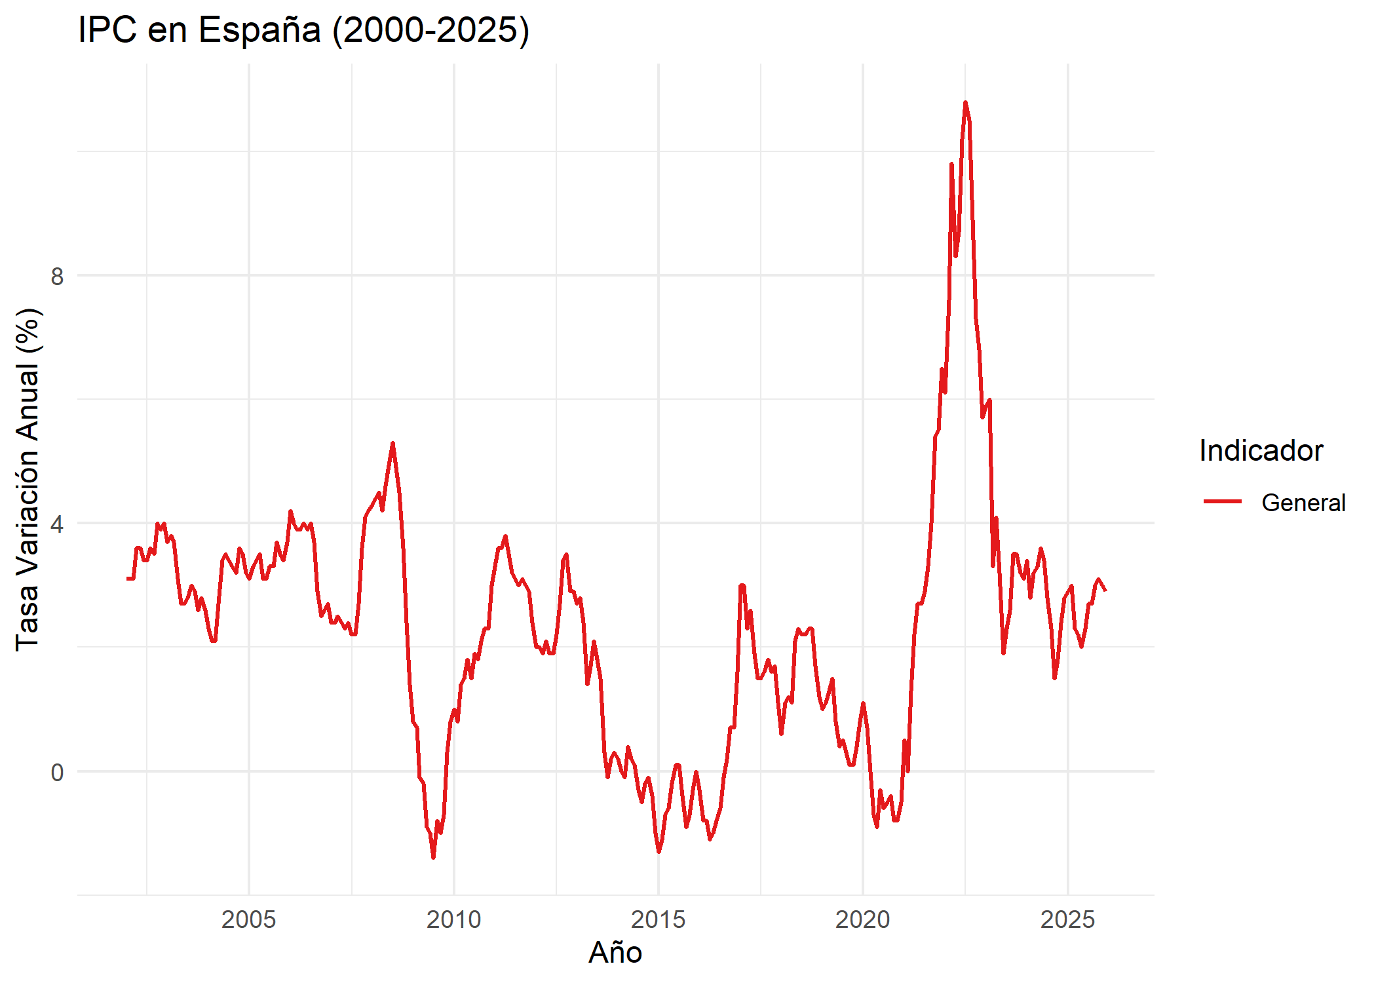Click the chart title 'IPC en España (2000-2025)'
(303, 30)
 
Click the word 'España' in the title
(259, 30)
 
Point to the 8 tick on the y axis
(58, 276)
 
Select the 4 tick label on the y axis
(58, 524)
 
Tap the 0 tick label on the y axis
(58, 772)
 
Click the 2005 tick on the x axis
(249, 919)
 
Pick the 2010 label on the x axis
(453, 919)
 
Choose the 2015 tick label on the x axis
(658, 919)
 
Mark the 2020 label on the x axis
(862, 919)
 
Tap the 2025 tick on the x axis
(1067, 919)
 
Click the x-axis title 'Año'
(615, 952)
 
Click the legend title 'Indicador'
(1261, 451)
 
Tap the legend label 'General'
(1303, 503)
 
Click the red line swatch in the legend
(1223, 502)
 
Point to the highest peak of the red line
(965, 103)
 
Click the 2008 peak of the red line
(392, 444)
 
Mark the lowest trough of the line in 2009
(433, 857)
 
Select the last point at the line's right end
(1105, 590)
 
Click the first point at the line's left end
(128, 579)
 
